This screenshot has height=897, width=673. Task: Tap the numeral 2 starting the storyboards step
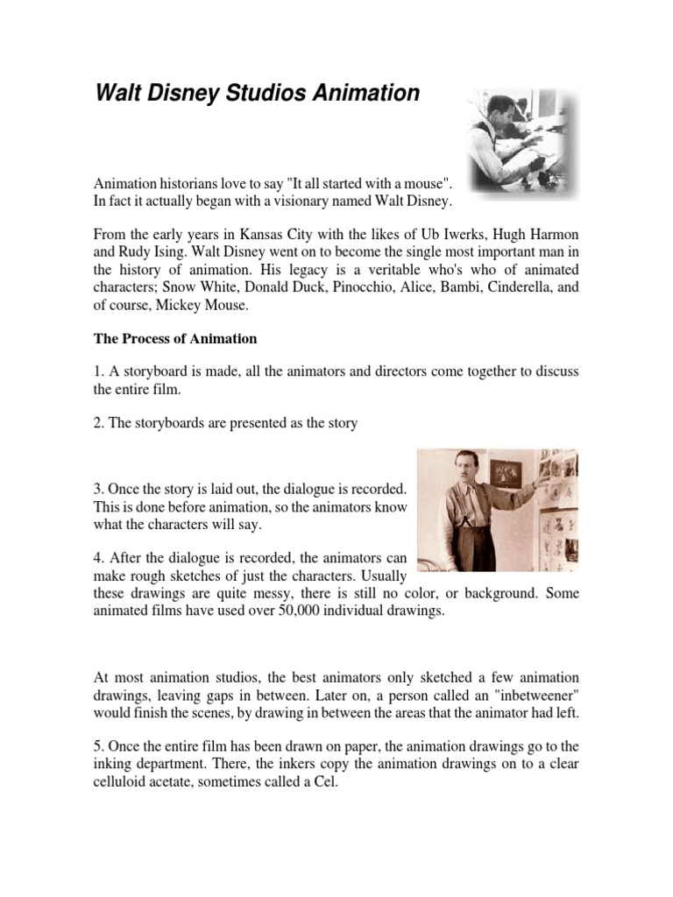[98, 423]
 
